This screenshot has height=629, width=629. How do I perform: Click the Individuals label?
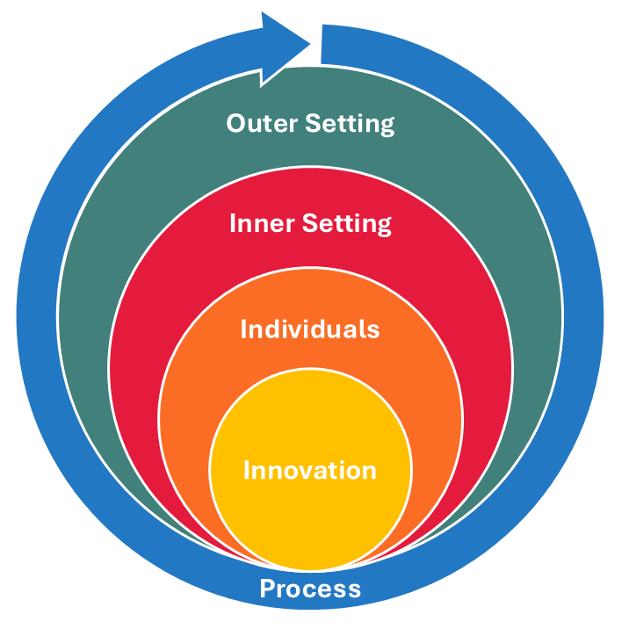pyautogui.click(x=310, y=329)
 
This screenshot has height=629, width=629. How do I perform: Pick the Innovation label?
pyautogui.click(x=310, y=470)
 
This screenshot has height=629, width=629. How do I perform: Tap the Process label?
pyautogui.click(x=310, y=588)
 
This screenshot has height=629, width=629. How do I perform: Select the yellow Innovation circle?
pyautogui.click(x=310, y=510)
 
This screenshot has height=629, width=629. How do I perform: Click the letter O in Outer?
pyautogui.click(x=236, y=123)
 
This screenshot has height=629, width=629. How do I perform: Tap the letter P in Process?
pyautogui.click(x=267, y=588)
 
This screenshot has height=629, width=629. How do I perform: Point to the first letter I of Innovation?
pyautogui.click(x=247, y=470)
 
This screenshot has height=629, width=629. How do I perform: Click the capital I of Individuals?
pyautogui.click(x=244, y=329)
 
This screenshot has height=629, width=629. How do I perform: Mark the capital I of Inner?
pyautogui.click(x=233, y=224)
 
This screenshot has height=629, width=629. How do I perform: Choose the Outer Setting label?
pyautogui.click(x=310, y=123)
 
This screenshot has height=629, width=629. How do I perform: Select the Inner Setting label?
pyautogui.click(x=310, y=224)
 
